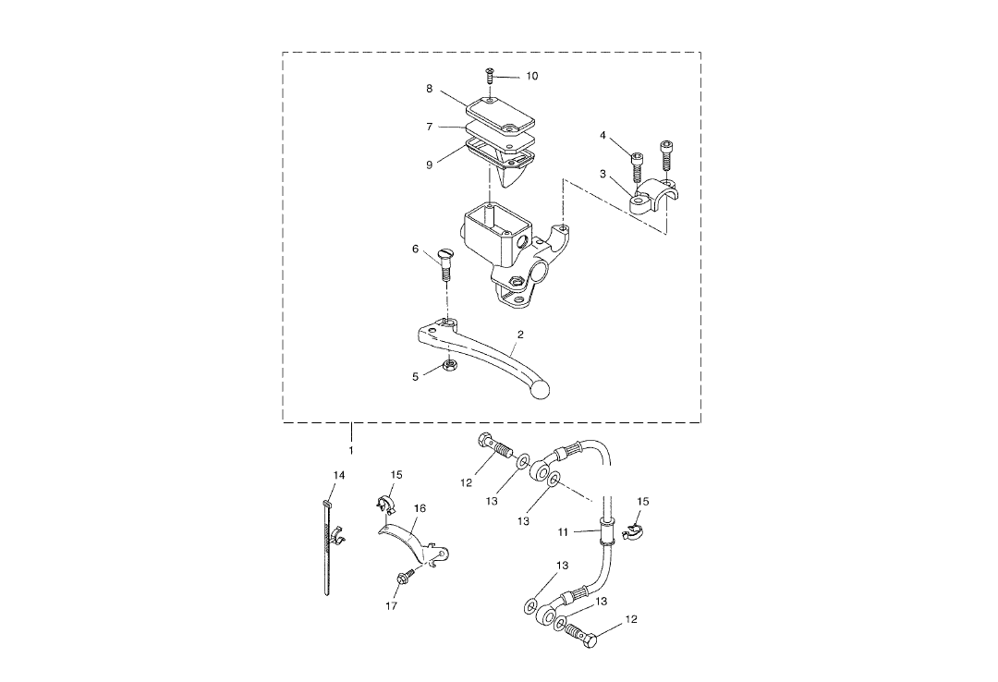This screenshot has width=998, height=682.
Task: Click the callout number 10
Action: [x=531, y=76]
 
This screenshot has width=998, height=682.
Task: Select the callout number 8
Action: [x=430, y=89]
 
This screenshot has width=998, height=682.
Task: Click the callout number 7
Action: [x=430, y=126]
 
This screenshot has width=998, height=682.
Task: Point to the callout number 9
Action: [x=430, y=164]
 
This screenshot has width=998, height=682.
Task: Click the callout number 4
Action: [x=602, y=136]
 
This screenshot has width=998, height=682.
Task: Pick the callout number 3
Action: [x=602, y=174]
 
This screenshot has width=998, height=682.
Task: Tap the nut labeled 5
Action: [x=445, y=367]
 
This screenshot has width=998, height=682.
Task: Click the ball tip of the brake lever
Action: [x=539, y=391]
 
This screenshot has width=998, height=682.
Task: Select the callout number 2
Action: [x=520, y=335]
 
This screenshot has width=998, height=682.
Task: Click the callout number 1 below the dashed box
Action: [x=351, y=450]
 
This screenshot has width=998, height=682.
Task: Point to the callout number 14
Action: [x=339, y=475]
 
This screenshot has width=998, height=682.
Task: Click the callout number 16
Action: [x=420, y=509]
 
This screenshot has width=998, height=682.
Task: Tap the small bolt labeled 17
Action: [x=405, y=577]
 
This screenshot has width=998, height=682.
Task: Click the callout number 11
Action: [x=565, y=532]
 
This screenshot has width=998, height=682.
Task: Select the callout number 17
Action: [x=391, y=606]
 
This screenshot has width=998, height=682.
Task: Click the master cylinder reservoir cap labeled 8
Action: [x=500, y=113]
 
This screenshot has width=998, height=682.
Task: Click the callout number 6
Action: [x=416, y=249]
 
